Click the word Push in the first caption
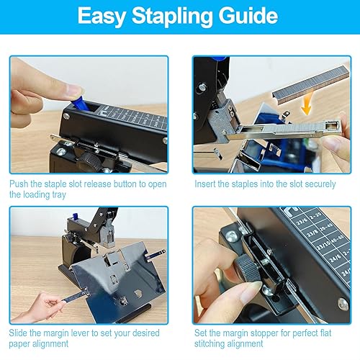click(22, 184)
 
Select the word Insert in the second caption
click(206, 184)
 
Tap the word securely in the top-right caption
click(319, 184)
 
